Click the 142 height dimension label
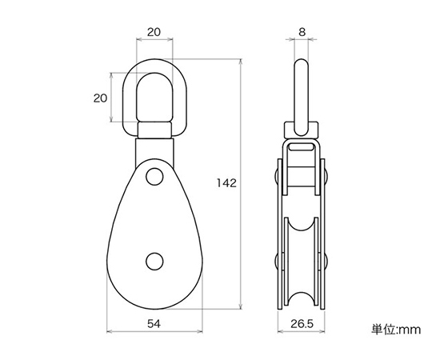tap(226, 183)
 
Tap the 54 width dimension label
tap(154, 324)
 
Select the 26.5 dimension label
tap(302, 324)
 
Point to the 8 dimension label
tap(302, 32)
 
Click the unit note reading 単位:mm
tap(396, 330)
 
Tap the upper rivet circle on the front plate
tap(154, 177)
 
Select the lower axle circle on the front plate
tap(154, 261)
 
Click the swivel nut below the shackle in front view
tap(154, 130)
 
